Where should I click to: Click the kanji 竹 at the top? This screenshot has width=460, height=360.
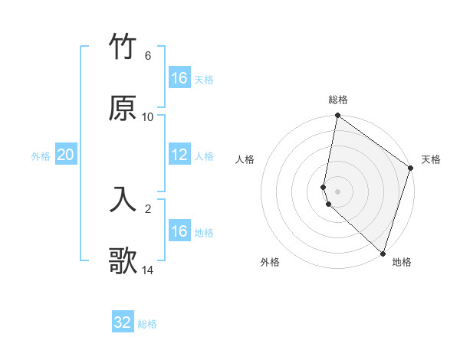(123, 47)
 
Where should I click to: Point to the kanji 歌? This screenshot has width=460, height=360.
(123, 260)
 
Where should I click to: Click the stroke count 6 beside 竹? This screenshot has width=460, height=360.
(148, 56)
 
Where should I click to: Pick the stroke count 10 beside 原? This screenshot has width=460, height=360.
(148, 117)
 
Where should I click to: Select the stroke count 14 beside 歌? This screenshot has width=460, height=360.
(148, 270)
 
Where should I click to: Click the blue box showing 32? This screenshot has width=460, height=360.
(123, 322)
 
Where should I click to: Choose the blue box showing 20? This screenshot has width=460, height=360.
(66, 155)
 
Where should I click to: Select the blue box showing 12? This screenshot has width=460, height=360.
(179, 155)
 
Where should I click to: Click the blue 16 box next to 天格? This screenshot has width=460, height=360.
(179, 78)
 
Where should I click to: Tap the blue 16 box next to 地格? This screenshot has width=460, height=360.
(179, 231)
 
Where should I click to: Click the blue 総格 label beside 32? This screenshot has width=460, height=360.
(147, 324)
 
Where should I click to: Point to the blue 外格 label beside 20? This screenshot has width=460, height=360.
(41, 156)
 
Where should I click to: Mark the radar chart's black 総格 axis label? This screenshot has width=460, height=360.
(338, 100)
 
